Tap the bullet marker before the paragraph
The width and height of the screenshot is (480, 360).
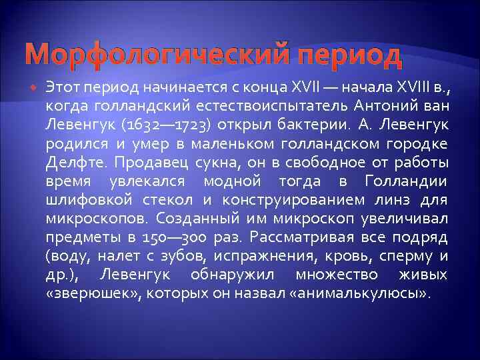coord(35,87)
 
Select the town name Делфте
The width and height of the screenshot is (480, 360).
coord(72,162)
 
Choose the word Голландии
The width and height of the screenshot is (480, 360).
coord(407,181)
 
